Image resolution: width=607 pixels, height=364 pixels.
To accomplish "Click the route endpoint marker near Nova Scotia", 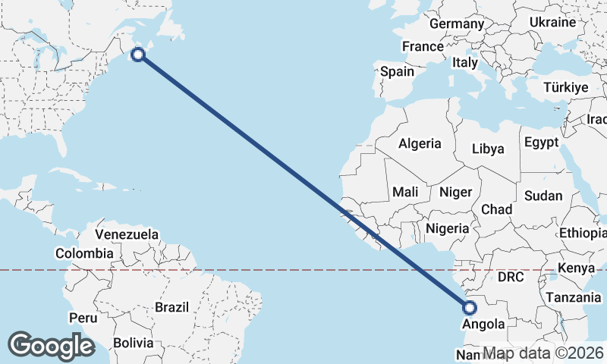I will coord(138,54).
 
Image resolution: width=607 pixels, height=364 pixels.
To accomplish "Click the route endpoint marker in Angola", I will coord(469,308).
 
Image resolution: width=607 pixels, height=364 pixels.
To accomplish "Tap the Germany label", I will coord(456,24).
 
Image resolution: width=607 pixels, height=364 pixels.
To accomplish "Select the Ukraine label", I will coord(552,22).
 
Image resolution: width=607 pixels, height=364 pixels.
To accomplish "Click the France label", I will coord(423,46).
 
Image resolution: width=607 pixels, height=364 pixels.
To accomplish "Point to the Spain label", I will coord(397,72).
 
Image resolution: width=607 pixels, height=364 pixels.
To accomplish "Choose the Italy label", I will coord(464,62).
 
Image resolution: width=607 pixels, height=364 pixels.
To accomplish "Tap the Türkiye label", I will coord(566,88).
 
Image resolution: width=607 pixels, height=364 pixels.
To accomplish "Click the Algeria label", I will coord(420,143).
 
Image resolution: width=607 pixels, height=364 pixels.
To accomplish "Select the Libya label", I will coord(488,149).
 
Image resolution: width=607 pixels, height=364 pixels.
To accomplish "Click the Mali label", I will coord(406,193).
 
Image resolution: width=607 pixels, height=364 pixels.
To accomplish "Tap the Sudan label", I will coord(543,196).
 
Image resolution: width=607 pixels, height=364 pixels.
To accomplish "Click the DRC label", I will coord(511,278).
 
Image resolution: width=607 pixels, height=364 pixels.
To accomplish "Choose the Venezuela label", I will coord(127,234).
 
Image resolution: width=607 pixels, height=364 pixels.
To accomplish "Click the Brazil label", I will coord(171,307).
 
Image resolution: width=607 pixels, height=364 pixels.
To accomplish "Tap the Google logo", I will coord(51,346).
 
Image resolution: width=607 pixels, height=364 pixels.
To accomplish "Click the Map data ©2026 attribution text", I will coord(543,353).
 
